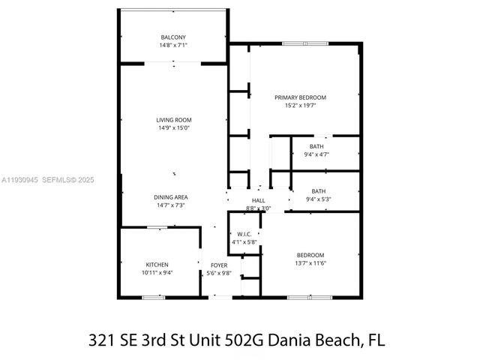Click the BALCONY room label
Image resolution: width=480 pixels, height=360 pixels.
pos(173,37)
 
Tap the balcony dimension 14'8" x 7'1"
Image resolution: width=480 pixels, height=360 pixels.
pos(173,46)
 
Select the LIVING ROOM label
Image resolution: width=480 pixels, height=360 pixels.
pos(173,120)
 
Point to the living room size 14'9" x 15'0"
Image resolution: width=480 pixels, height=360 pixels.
pos(173,128)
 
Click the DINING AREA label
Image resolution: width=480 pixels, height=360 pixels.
pos(172,197)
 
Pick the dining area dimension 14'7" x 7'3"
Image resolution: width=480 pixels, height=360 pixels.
pos(172,205)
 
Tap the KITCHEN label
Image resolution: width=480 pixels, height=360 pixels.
pos(157,265)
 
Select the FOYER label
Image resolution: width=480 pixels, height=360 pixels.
pos(218,265)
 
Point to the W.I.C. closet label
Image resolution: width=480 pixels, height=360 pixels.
pos(243,234)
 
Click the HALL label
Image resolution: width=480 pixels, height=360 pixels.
pos(258,200)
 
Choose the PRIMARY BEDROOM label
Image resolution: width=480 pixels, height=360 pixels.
pos(300,97)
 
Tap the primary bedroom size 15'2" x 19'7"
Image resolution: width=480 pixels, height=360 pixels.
pos(300,106)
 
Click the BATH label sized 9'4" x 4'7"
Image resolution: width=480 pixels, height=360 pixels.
pos(317,146)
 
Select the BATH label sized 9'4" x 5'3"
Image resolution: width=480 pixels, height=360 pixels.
pos(318,191)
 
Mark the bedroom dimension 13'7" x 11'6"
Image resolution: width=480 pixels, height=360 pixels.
pos(310,263)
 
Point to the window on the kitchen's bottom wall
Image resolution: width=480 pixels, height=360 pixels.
pos(154,298)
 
